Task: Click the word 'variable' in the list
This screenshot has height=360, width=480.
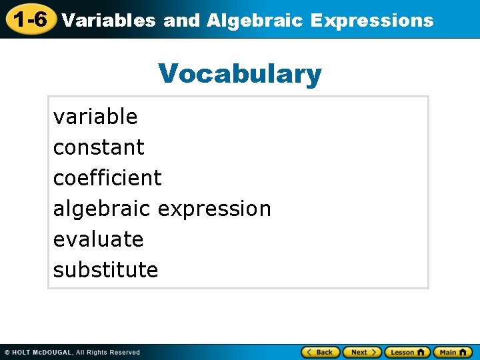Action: coord(95,117)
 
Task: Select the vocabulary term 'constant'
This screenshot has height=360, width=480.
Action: coord(99,147)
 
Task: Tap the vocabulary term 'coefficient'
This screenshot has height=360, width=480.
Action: coord(107,178)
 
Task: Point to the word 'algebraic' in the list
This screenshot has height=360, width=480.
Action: coord(103,209)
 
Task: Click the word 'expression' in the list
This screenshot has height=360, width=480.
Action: coord(215,209)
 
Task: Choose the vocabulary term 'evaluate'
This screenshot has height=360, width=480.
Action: coord(99,239)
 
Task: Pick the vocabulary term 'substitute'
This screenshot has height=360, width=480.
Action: coord(105,270)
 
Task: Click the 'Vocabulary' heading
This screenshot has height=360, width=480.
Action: coord(240,73)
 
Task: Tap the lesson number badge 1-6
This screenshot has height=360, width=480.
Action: coord(30,19)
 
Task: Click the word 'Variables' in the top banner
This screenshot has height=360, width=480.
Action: coord(108,20)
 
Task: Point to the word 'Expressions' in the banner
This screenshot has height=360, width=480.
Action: coord(372,20)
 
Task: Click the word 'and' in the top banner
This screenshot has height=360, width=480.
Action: coord(181,20)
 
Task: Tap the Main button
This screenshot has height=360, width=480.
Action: coord(453,352)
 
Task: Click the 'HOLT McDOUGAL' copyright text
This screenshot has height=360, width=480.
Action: coord(42,352)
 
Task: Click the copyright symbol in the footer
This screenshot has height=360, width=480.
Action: coord(7,352)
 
